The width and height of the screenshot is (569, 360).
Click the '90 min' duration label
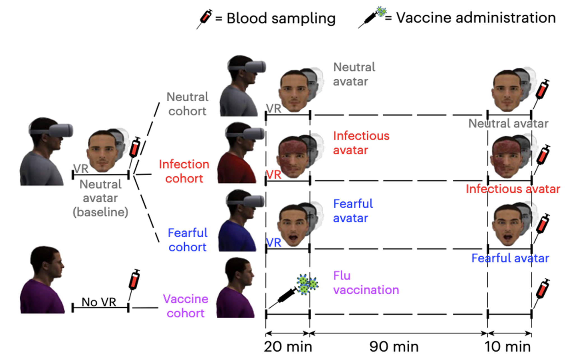point(394,347)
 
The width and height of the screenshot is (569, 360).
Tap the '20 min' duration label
point(288,347)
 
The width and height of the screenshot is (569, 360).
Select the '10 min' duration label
point(508,347)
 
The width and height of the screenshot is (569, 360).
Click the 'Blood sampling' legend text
point(281,18)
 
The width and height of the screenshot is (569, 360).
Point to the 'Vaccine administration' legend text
point(476,18)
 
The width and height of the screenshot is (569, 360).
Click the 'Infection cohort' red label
point(184,171)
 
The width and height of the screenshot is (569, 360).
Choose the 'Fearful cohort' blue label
point(187,240)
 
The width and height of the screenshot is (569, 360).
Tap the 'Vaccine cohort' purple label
point(185,306)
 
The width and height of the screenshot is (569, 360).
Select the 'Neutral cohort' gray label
point(187,104)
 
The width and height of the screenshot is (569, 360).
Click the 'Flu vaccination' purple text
point(366,283)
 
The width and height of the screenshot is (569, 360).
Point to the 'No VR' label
point(99,302)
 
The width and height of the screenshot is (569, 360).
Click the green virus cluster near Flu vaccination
point(307,284)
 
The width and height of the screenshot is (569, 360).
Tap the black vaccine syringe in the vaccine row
point(283,298)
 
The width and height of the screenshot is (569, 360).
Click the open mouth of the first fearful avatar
point(293,238)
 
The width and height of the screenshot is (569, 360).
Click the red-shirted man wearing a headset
point(241,153)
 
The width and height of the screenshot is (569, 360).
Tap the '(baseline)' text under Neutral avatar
point(101,212)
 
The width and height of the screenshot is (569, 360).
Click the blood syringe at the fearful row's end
point(541,228)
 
